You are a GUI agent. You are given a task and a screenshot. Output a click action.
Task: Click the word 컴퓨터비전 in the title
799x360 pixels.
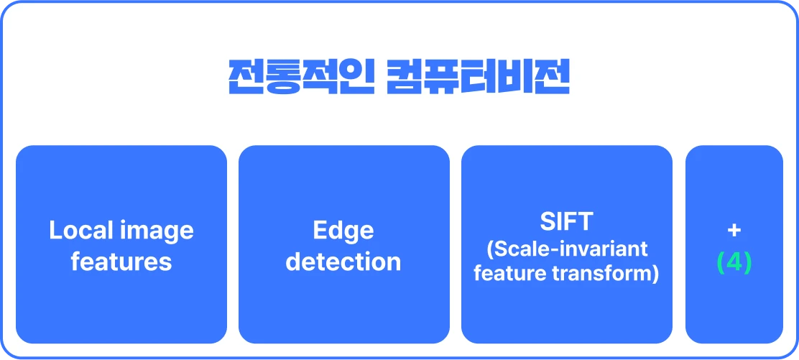point(478,78)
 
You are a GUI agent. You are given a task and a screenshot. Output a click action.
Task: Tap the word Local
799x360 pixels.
point(80,231)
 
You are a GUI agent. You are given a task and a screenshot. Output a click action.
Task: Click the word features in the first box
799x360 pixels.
point(121,262)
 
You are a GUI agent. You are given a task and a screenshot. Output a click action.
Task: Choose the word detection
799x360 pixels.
point(343,262)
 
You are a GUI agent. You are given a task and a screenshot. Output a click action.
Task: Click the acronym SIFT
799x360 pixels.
point(567,221)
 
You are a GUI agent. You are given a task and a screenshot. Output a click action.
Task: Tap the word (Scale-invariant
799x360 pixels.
point(567,250)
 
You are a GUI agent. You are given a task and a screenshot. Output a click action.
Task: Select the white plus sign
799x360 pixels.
point(734,231)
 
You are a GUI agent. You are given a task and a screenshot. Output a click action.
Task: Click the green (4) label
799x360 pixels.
point(734,262)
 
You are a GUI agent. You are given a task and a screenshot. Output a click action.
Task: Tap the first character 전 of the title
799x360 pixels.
point(244,78)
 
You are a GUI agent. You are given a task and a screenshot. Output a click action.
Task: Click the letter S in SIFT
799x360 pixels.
point(548,221)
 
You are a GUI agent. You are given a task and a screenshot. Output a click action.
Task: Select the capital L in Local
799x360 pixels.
point(55,231)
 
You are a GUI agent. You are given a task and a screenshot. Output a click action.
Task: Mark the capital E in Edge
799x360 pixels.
point(320,231)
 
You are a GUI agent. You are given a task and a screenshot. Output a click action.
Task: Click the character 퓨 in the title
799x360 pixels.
point(440,78)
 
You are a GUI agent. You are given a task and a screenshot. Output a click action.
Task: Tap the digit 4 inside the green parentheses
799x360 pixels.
point(734,262)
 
